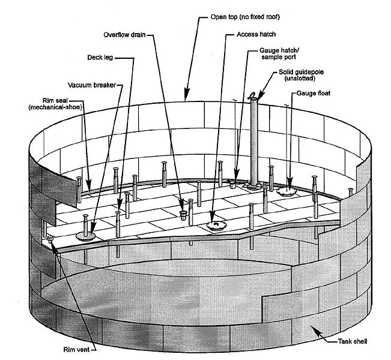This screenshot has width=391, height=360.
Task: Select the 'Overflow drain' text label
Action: pyautogui.click(x=127, y=35)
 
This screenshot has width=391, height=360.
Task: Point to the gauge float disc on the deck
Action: pyautogui.click(x=287, y=191)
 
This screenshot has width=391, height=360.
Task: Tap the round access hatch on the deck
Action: pyautogui.click(x=215, y=226)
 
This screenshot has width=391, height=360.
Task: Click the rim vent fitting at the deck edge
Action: pyautogui.click(x=50, y=239)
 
